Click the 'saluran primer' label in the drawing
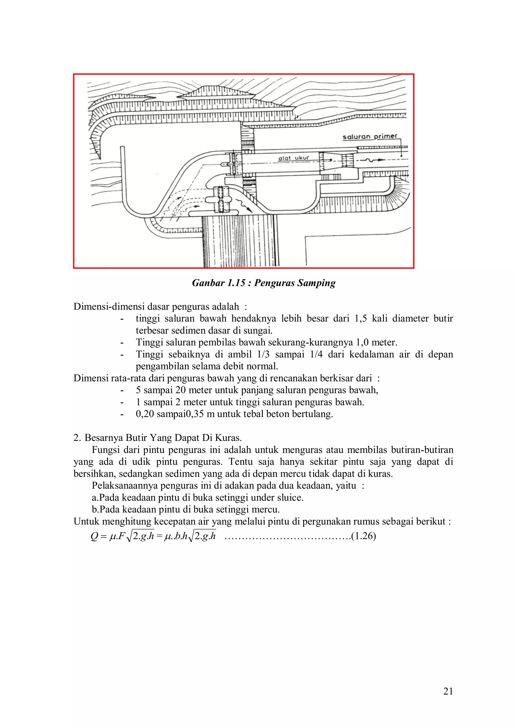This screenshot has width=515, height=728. (x=369, y=137)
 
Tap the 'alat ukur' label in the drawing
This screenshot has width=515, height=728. (x=293, y=158)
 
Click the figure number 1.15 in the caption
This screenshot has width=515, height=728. (x=236, y=283)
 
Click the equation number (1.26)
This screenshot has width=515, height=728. (x=363, y=536)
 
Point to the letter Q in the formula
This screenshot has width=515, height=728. (x=94, y=536)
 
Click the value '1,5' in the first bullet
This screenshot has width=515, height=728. (x=360, y=318)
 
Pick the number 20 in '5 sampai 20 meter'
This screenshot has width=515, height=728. (x=181, y=390)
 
